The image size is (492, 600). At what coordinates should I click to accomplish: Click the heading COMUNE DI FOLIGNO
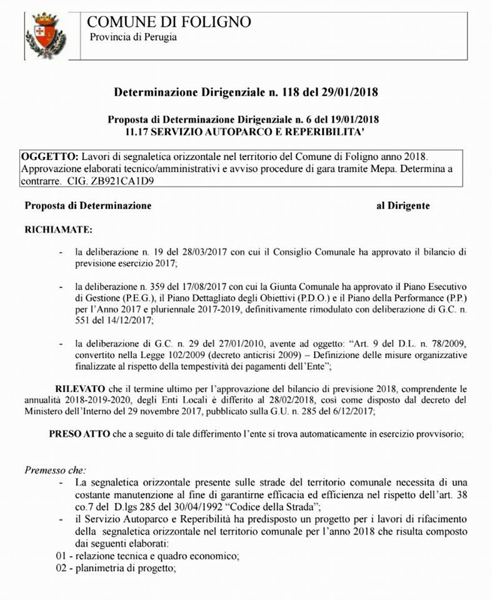[169, 22]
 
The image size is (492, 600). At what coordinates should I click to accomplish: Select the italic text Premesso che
[56, 469]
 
